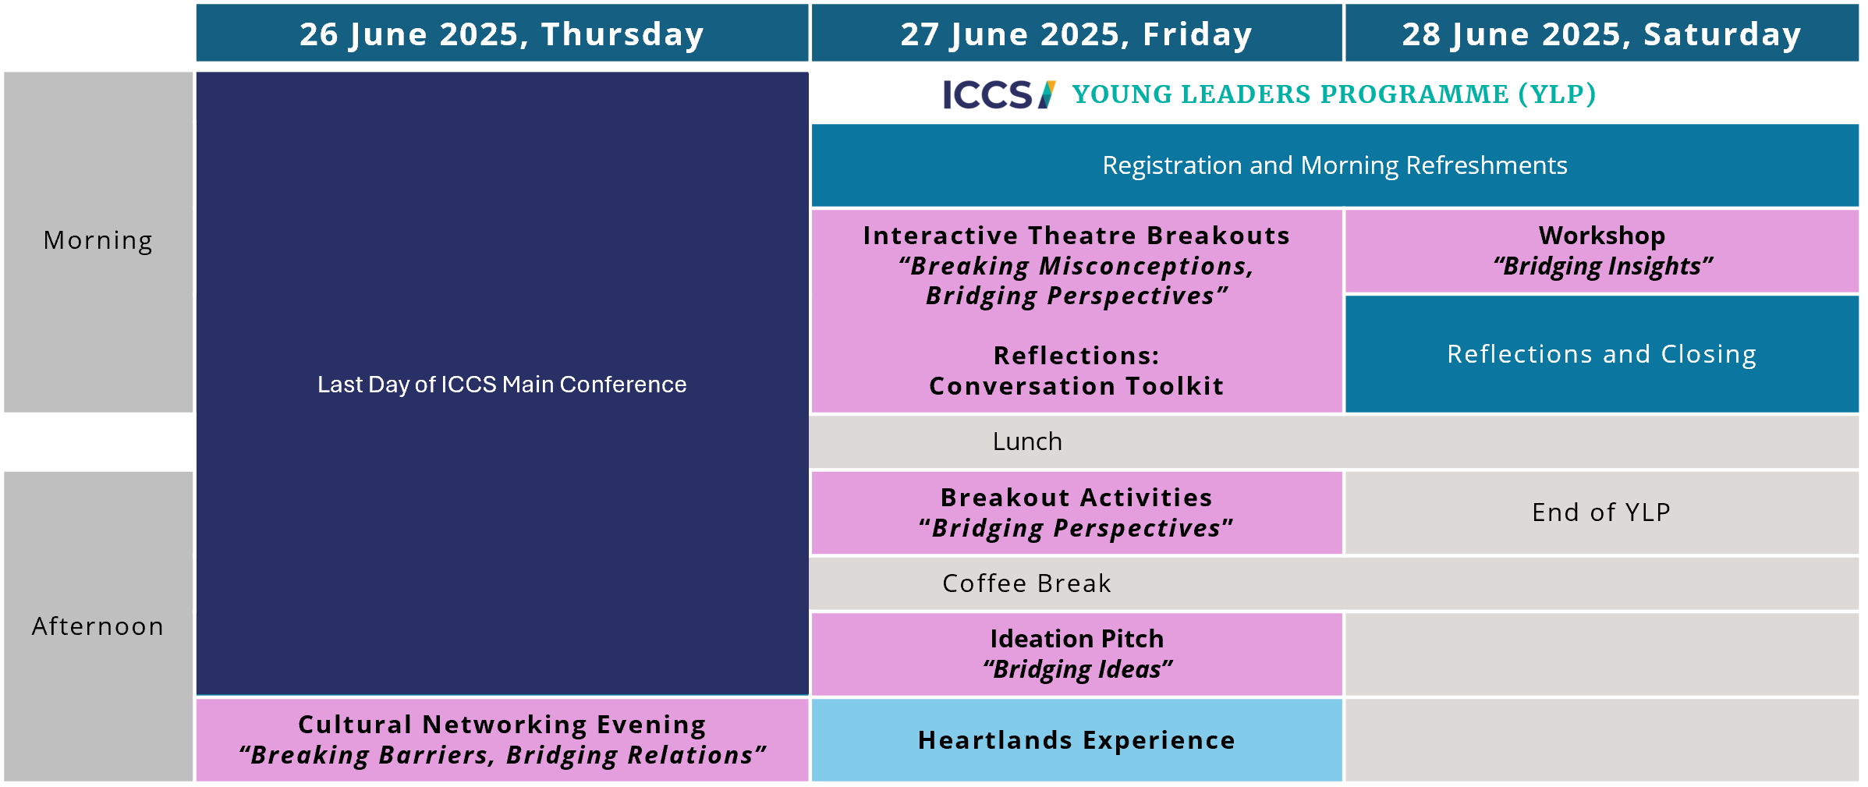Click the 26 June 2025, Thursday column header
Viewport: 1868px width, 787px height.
[x=502, y=33]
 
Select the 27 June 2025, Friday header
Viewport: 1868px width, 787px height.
[x=1076, y=33]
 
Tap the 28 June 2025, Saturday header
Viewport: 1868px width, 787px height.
[x=1602, y=33]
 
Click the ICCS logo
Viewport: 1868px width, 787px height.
[x=999, y=94]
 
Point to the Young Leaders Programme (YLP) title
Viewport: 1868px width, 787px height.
[x=1334, y=94]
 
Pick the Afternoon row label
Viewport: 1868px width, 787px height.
[x=98, y=626]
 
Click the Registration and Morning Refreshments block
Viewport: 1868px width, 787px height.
[x=1335, y=165]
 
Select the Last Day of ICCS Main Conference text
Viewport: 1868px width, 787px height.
[x=502, y=385]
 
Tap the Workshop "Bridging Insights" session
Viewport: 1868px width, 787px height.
[x=1602, y=251]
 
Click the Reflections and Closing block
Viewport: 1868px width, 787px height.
[x=1602, y=354]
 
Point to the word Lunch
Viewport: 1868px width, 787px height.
[x=1027, y=441]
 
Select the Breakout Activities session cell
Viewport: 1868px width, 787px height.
[x=1076, y=513]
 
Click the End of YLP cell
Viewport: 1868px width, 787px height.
[x=1602, y=513]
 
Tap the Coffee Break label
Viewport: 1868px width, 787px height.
[x=1026, y=583]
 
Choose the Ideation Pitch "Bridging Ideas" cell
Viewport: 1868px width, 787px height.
[x=1076, y=654]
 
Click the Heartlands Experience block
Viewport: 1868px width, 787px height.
[x=1076, y=740]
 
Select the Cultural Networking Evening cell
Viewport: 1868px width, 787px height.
[x=502, y=740]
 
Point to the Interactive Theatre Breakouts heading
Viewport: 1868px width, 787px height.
[x=1076, y=236]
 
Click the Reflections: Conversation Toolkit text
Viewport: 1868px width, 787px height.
[x=1076, y=371]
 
